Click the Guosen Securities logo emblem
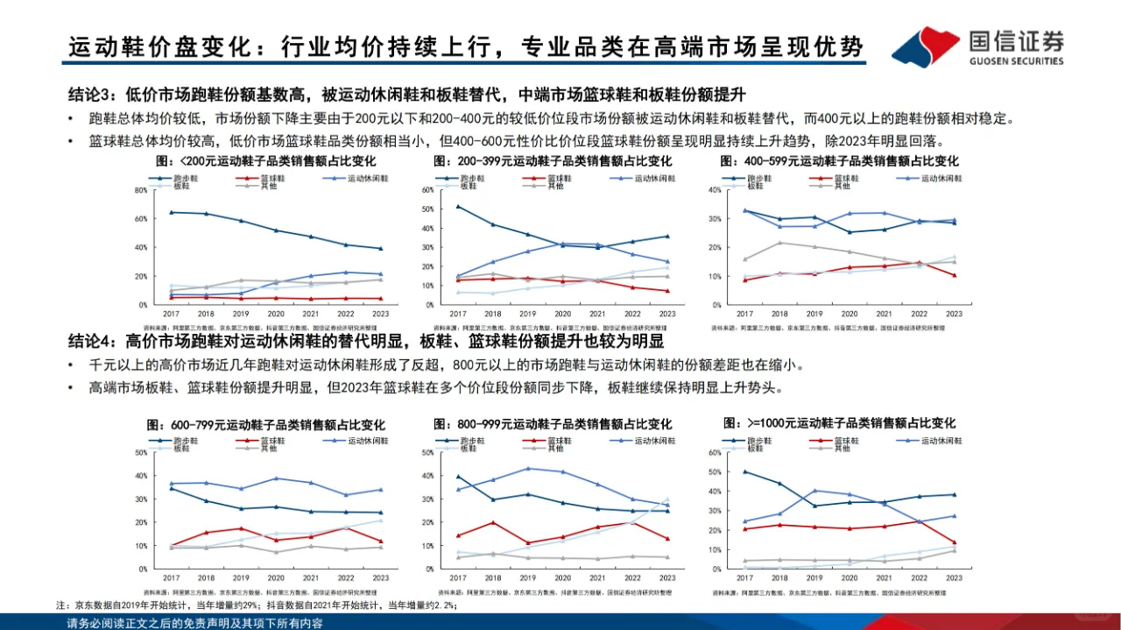coord(926,45)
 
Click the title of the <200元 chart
coord(254,162)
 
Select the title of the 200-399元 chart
coord(552,162)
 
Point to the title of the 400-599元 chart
coord(839,162)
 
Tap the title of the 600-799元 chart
coord(254,424)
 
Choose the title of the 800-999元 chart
coord(552,424)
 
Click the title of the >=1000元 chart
coord(839,424)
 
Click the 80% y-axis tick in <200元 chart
coord(139,190)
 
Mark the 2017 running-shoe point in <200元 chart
coord(171,212)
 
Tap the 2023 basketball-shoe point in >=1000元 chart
coord(954,542)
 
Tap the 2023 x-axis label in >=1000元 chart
coord(954,577)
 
